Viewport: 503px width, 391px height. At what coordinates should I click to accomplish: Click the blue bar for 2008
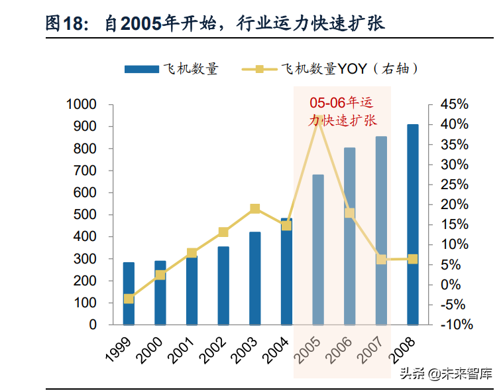click(412, 225)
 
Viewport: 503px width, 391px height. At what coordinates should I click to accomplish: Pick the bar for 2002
click(223, 285)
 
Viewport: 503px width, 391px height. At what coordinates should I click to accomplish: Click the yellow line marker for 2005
click(318, 120)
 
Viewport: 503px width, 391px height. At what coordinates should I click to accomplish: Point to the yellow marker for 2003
click(255, 209)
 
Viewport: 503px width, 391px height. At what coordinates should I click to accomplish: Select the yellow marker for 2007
click(381, 260)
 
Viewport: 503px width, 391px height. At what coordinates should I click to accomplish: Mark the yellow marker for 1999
click(129, 299)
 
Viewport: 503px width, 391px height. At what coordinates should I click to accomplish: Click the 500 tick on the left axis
click(85, 215)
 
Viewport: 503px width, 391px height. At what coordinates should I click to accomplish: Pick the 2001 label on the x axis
click(182, 347)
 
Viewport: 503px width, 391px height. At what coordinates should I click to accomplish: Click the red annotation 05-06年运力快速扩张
click(343, 112)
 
